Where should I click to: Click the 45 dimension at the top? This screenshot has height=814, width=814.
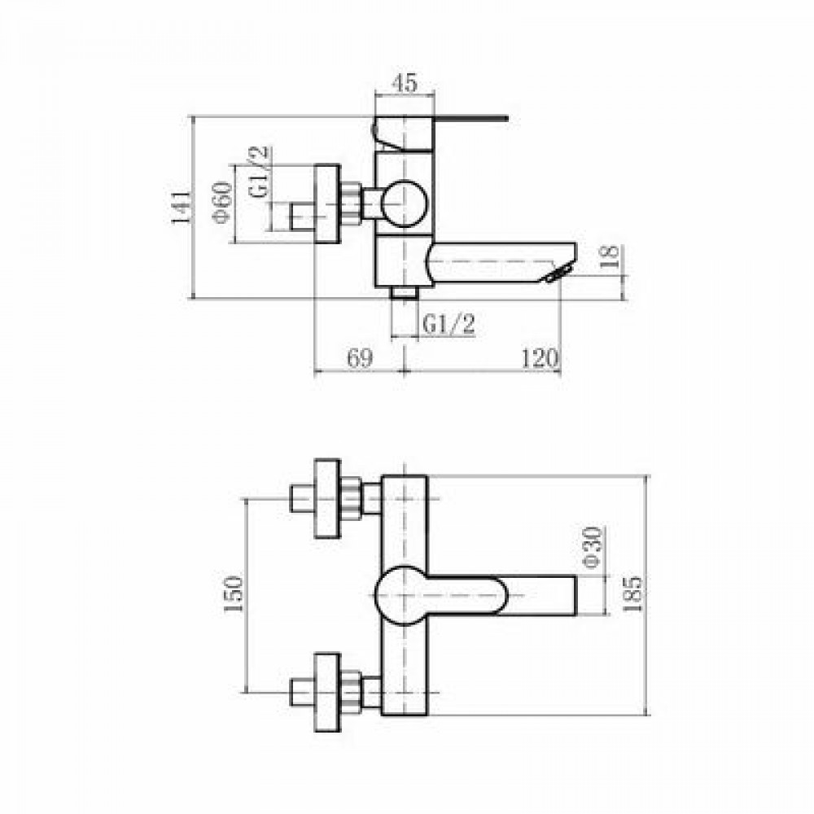coord(405,83)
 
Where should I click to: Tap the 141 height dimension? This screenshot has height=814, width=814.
coord(182,207)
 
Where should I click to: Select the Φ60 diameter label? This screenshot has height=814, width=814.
coord(223,202)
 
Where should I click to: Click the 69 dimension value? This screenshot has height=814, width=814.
coord(360,357)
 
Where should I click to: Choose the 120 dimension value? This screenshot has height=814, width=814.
coord(539,357)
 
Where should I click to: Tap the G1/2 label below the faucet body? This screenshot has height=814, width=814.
coord(449,325)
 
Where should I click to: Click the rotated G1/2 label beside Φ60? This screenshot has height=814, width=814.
coord(260,172)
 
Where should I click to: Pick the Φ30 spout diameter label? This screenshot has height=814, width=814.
coord(591,548)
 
